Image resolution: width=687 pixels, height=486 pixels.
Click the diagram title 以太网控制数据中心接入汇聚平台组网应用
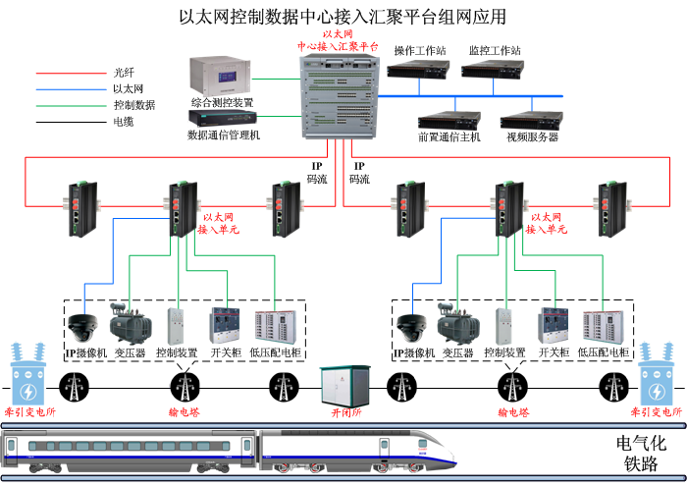click(343, 17)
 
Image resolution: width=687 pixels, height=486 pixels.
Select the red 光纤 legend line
click(68, 72)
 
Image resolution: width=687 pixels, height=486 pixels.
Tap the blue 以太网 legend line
click(68, 88)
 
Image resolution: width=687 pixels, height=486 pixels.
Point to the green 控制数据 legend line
click(68, 105)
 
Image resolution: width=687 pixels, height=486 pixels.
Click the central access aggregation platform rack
click(338, 97)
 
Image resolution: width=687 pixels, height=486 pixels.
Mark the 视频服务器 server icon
click(532, 120)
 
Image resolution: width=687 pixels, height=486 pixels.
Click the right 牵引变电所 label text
click(658, 413)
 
